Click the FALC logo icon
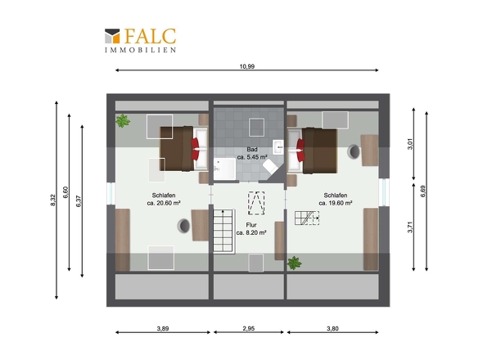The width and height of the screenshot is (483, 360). pyautogui.click(x=112, y=36)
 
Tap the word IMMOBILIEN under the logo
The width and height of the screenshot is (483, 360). pyautogui.click(x=141, y=50)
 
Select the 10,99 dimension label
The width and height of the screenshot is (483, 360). pyautogui.click(x=247, y=66)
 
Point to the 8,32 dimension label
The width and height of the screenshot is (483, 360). pyautogui.click(x=52, y=200)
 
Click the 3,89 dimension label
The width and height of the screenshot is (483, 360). pyautogui.click(x=163, y=329)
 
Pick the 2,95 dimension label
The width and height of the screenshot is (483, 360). pyautogui.click(x=249, y=329)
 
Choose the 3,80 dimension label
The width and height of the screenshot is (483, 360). pyautogui.click(x=332, y=329)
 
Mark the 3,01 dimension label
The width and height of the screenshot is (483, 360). pyautogui.click(x=410, y=144)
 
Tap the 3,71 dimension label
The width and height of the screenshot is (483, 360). pyautogui.click(x=410, y=227)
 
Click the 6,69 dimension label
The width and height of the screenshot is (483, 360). pyautogui.click(x=423, y=191)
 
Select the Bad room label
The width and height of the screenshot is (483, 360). pyautogui.click(x=252, y=150)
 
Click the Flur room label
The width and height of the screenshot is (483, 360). pyautogui.click(x=251, y=225)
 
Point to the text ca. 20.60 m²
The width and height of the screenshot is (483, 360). pyautogui.click(x=164, y=203)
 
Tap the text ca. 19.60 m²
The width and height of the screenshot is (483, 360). pyautogui.click(x=336, y=203)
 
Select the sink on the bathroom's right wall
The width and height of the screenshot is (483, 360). pyautogui.click(x=278, y=147)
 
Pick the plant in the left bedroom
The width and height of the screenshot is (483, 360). pyautogui.click(x=123, y=121)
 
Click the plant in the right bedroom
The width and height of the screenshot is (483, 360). pyautogui.click(x=294, y=263)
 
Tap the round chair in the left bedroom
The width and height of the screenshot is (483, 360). pyautogui.click(x=183, y=226)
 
